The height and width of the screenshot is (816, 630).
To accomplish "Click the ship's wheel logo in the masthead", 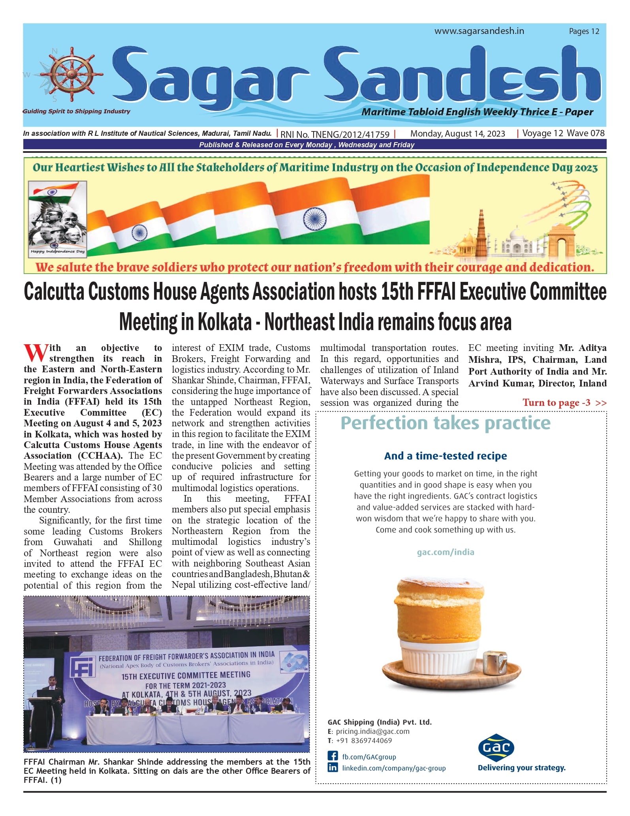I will [x=71, y=74].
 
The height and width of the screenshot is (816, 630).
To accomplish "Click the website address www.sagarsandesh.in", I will [x=479, y=31].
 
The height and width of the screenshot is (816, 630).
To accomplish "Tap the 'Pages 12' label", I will [x=584, y=31].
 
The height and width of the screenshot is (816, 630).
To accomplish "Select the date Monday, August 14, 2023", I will [x=457, y=133].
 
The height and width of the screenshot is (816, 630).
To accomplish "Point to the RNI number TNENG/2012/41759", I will [x=335, y=134].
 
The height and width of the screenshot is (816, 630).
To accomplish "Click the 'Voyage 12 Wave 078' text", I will [x=563, y=133].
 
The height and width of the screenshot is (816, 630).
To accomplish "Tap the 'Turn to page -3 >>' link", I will [x=564, y=403].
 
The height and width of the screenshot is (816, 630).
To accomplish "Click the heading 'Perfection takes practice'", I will [x=445, y=423].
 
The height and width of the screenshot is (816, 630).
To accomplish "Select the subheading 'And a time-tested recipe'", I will [x=445, y=456].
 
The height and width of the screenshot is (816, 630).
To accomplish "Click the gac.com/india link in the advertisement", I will [x=445, y=552].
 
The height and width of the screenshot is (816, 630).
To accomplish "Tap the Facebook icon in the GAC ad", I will [x=333, y=756].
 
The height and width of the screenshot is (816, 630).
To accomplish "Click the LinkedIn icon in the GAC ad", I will [x=333, y=767].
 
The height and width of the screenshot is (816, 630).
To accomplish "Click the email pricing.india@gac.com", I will [x=372, y=731].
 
